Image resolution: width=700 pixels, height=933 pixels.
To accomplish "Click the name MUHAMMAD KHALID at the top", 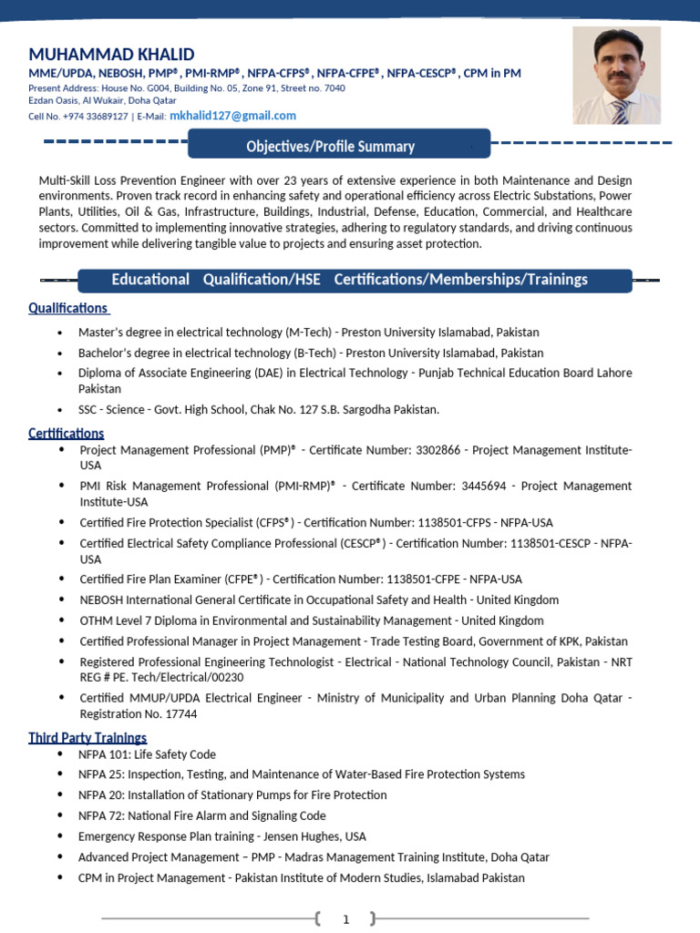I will [111, 54].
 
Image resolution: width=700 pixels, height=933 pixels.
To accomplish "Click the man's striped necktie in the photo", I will [621, 111].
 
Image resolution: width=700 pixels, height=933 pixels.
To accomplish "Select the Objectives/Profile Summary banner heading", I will [330, 146].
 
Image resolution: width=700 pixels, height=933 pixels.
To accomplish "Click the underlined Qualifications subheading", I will [67, 308].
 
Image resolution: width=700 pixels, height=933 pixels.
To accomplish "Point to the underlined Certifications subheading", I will [66, 433].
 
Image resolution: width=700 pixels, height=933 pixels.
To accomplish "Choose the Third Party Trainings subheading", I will [87, 737].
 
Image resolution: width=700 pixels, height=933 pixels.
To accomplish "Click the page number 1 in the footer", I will [345, 919].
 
